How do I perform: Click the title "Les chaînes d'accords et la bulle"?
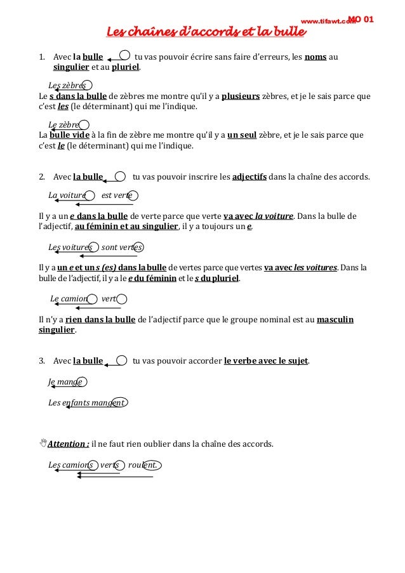pyautogui.click(x=206, y=32)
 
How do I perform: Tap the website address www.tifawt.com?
pyautogui.click(x=328, y=21)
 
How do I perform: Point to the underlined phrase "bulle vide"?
pyautogui.click(x=69, y=135)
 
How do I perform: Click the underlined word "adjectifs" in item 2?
pyautogui.click(x=249, y=176)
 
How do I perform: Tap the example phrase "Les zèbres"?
pyautogui.click(x=67, y=86)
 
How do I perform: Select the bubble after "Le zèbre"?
pyautogui.click(x=84, y=125)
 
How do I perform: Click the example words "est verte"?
pyautogui.click(x=117, y=195)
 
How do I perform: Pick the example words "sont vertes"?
pyautogui.click(x=121, y=247)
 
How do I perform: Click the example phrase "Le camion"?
pyautogui.click(x=69, y=299)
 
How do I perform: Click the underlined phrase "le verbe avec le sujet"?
pyautogui.click(x=266, y=361)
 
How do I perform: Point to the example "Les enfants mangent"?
pyautogui.click(x=86, y=402)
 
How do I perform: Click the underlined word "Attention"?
pyautogui.click(x=68, y=444)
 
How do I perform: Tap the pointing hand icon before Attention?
pyautogui.click(x=43, y=443)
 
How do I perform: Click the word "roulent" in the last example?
pyautogui.click(x=142, y=465)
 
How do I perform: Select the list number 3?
pyautogui.click(x=42, y=361)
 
